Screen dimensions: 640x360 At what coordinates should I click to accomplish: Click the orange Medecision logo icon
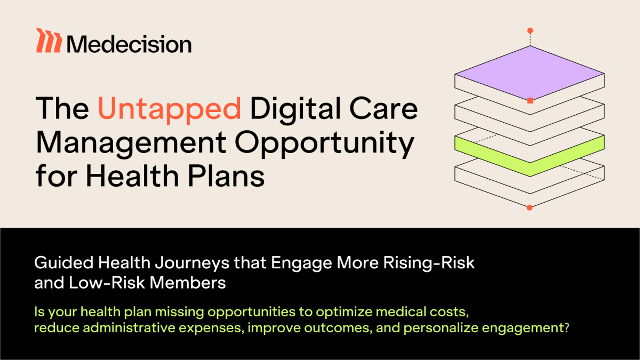pos(49,41)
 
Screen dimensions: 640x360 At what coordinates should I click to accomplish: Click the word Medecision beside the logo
pos(129,44)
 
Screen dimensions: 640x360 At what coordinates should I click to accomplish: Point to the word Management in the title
pos(131,142)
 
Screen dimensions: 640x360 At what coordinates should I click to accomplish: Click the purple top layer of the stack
pos(530,73)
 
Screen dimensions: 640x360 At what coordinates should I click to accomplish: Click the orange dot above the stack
pos(530,30)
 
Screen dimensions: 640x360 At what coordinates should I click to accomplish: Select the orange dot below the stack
pos(530,207)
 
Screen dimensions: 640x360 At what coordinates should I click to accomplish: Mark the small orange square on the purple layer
pos(530,101)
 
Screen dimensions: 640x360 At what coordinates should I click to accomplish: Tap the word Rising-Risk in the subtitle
pos(429,262)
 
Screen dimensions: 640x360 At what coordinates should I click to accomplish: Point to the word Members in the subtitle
pos(188,283)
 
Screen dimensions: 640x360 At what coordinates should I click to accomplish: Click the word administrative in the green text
pos(129,327)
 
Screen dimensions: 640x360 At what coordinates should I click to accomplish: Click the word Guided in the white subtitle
pos(63,262)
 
